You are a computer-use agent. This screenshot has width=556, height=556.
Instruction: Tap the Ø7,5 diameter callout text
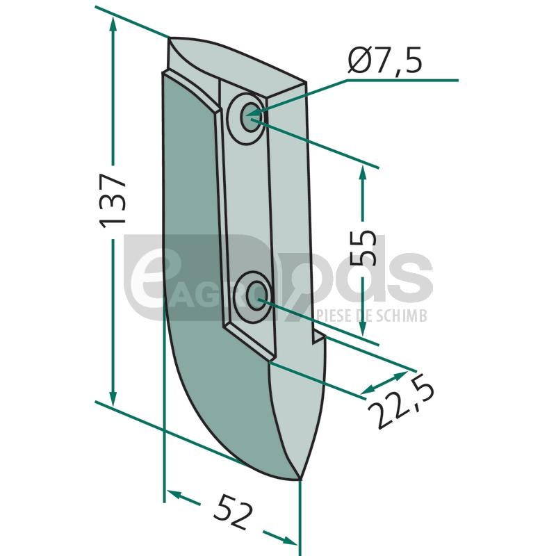[385, 60]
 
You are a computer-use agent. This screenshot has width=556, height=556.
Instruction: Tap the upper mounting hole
[250, 117]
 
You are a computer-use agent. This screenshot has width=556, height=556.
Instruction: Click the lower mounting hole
[257, 295]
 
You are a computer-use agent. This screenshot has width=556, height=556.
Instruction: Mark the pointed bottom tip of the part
[300, 480]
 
